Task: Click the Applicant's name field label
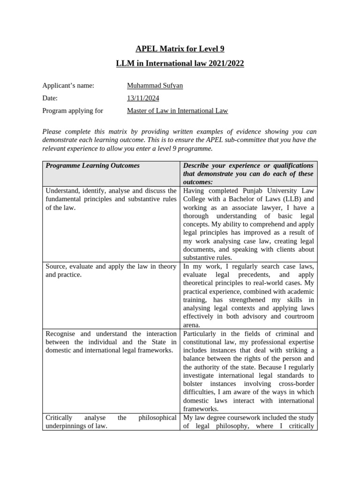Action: point(68,85)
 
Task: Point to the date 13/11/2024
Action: point(143,98)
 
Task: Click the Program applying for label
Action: point(73,111)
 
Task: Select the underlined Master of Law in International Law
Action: point(178,111)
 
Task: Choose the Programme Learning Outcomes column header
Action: point(93,165)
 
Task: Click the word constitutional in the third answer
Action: point(205,342)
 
